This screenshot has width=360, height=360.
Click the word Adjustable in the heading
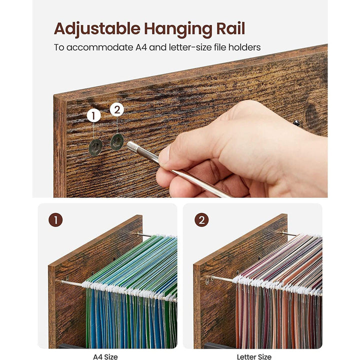97,29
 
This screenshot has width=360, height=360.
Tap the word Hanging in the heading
177,29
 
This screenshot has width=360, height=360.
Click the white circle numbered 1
93,116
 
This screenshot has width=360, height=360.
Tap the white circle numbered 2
117,109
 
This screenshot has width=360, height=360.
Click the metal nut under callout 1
95,147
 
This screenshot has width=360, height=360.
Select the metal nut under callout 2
117,142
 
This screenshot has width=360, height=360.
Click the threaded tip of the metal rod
131,146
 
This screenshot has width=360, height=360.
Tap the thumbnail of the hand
164,156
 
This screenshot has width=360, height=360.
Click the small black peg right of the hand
296,123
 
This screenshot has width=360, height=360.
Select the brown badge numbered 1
55,220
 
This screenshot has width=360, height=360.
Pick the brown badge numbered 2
201,220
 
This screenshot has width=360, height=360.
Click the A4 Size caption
105,356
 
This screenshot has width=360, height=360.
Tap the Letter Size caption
254,356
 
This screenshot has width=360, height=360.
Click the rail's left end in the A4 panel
57,280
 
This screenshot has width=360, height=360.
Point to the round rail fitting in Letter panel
207,280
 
